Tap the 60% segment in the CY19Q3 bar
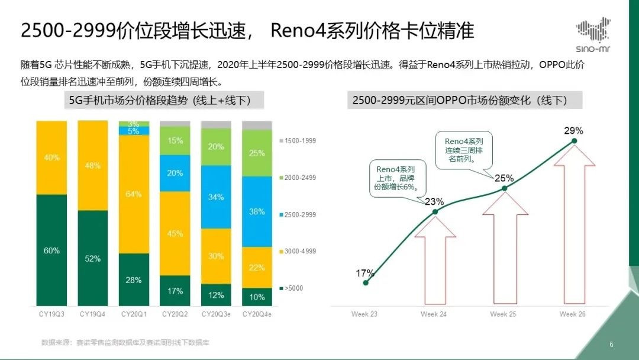pos(51,250)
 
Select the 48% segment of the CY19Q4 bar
pos(93,166)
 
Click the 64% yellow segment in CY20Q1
pos(134,194)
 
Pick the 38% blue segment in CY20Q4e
pos(257,211)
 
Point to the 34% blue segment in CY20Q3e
pos(216,197)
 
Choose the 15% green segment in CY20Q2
pos(175,141)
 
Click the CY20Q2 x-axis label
pos(175,314)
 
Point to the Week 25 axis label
pos(504,314)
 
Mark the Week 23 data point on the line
pos(365,283)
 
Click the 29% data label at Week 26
pos(573,130)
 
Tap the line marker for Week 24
pos(435,211)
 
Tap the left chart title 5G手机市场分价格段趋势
pos(160,101)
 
